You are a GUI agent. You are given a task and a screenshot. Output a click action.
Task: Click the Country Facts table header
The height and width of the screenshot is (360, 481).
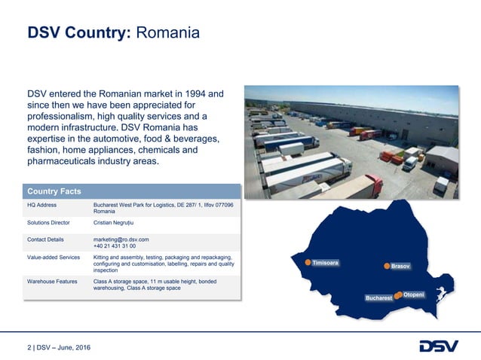point(54,191)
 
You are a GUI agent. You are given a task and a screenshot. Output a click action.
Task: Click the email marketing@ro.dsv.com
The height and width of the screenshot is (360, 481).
point(121,239)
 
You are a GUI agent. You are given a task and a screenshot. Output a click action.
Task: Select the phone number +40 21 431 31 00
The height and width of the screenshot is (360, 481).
point(115,246)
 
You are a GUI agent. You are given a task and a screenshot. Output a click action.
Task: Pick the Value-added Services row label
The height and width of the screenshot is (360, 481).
point(54,258)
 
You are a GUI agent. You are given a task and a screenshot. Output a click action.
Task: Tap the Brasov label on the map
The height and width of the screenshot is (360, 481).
point(400,267)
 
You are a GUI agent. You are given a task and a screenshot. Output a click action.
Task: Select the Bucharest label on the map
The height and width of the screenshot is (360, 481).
point(378,298)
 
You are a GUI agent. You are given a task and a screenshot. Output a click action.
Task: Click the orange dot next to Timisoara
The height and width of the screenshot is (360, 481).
point(308,263)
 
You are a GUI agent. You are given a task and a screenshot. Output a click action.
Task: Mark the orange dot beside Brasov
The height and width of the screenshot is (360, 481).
point(386,266)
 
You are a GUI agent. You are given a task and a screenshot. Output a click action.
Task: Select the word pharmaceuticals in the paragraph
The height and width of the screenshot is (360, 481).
point(69,160)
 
